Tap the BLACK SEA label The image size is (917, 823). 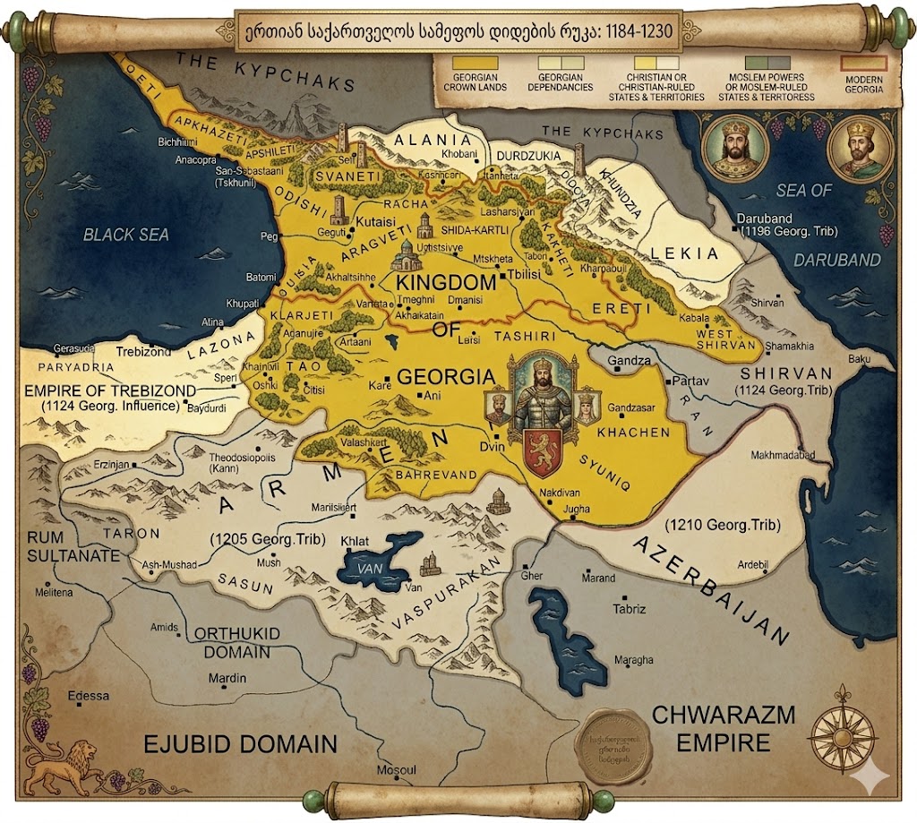click(126, 235)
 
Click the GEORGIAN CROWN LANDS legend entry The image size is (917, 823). click(475, 76)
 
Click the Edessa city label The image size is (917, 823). click(88, 696)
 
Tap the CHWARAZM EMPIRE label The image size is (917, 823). click(710, 729)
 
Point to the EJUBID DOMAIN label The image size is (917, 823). click(242, 743)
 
